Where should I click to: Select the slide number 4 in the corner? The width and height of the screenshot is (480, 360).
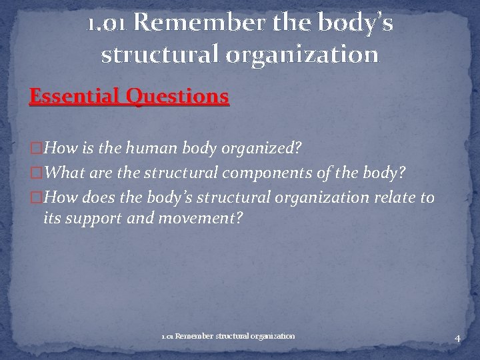pos(457,338)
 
